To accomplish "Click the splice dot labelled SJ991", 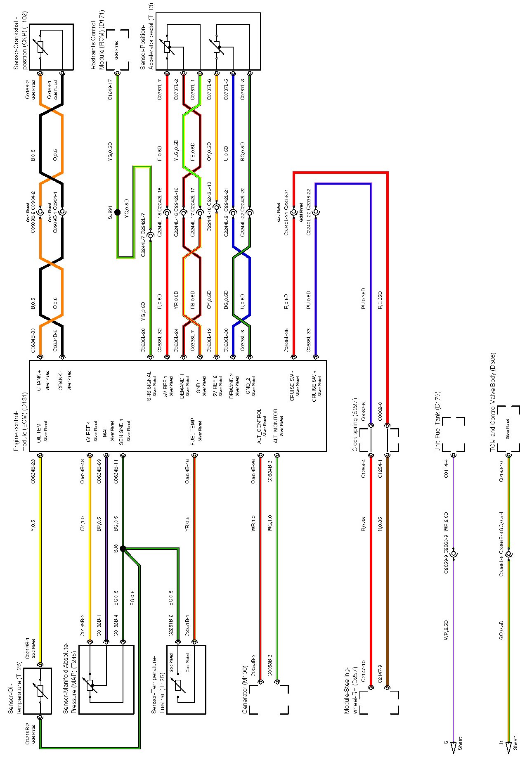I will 117,213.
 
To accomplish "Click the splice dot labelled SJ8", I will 123,549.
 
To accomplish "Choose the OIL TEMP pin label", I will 38,432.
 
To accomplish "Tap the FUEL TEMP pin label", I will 193,432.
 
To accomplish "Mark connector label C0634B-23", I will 33,471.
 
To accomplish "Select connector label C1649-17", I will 110,90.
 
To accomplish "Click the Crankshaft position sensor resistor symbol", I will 40,47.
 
